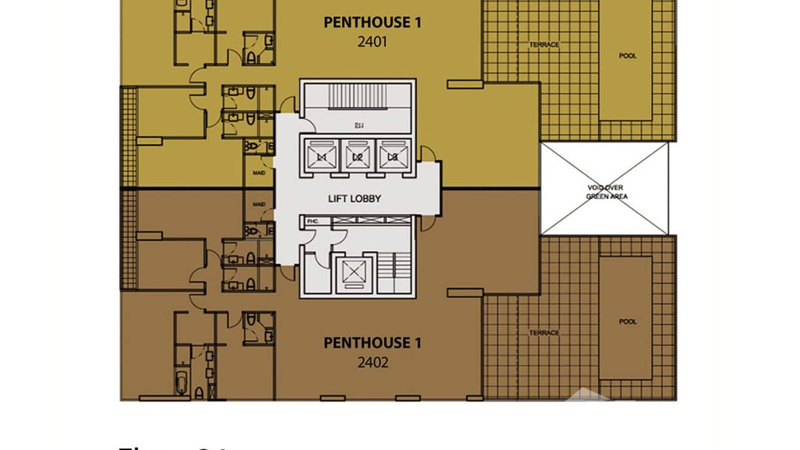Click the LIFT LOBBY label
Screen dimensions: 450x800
coord(354,199)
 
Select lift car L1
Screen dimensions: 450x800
coord(322,157)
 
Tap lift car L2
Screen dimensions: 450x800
coord(357,157)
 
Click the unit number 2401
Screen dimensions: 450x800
coord(372,42)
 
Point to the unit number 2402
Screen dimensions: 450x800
coord(372,362)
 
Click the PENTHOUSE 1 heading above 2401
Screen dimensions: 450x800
coord(372,23)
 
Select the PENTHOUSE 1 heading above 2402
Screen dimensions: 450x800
coord(372,343)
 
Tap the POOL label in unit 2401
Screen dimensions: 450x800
coord(627,56)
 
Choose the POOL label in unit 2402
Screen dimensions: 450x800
coord(627,322)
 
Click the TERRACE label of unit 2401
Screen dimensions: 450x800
coord(544,45)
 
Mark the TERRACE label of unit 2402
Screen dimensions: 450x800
coord(544,333)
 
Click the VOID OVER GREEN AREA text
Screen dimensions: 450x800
coord(606,192)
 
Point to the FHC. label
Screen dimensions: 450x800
coord(313,221)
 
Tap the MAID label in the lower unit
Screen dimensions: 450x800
coord(259,205)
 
